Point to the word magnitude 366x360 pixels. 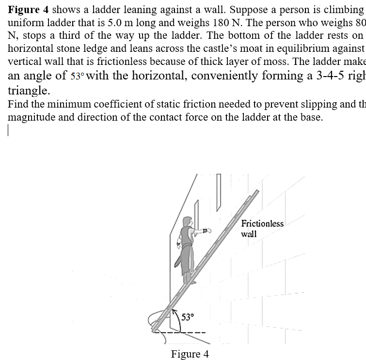coord(32,117)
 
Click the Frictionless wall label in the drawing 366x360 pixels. coord(262,228)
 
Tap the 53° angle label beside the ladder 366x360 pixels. coord(187,317)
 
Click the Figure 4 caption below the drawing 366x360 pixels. coord(190,354)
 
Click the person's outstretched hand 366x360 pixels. coord(207,231)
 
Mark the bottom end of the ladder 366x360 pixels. coord(155,329)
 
